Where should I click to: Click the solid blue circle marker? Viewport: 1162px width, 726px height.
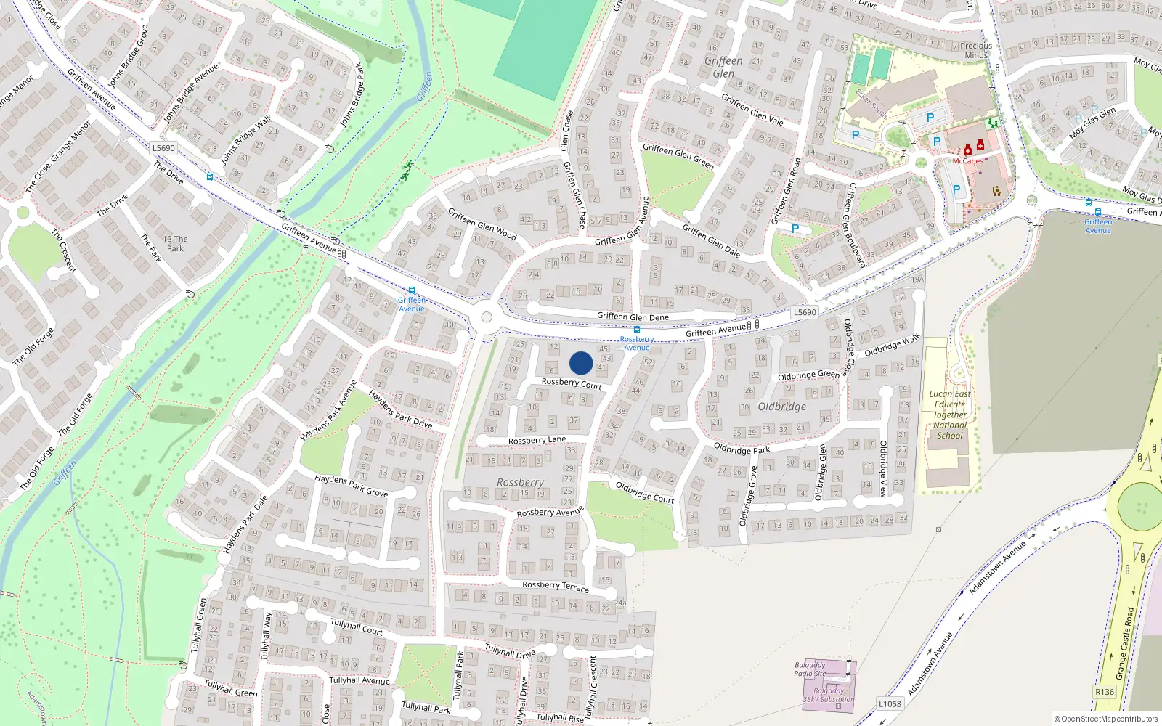581,363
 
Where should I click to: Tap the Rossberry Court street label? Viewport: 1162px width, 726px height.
572,383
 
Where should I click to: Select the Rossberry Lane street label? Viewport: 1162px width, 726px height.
537,440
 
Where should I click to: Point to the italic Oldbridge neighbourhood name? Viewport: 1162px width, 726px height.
781,407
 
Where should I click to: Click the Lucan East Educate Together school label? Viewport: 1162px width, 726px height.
949,415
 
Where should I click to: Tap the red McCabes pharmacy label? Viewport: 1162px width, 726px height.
967,161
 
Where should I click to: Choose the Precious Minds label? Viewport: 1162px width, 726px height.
976,50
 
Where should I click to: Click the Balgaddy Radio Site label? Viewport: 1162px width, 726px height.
809,669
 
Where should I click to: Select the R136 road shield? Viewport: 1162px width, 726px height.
1104,692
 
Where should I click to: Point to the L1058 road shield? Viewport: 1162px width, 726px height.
890,703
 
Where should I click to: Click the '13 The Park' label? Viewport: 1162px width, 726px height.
175,243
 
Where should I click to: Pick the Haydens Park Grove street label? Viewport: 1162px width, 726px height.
351,485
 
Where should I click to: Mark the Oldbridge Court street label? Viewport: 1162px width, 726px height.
644,492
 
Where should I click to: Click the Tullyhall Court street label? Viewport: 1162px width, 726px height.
357,627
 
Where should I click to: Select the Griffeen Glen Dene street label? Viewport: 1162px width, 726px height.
633,317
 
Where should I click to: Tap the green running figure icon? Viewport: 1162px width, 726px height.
408,170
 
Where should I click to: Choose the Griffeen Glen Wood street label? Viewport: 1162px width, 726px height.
482,224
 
